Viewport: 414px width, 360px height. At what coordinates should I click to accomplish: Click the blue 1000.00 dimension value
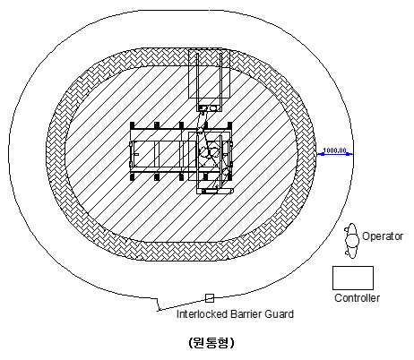[334, 150]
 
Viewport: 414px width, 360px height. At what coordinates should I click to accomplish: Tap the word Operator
[383, 236]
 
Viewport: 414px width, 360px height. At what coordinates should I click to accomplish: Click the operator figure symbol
[351, 241]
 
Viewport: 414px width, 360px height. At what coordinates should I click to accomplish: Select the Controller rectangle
[353, 278]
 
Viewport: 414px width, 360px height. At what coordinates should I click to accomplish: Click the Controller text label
[357, 298]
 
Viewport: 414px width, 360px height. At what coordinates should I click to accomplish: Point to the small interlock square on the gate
[210, 298]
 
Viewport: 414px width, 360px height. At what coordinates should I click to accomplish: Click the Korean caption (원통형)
[211, 343]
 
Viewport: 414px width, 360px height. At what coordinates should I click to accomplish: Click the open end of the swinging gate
[159, 310]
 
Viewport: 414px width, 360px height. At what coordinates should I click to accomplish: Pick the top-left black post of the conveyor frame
[133, 125]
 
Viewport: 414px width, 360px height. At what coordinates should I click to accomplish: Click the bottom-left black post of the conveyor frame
[133, 176]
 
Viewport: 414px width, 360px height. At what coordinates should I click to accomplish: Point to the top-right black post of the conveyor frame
[229, 125]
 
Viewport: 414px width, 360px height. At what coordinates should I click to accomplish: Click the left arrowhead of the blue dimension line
[321, 154]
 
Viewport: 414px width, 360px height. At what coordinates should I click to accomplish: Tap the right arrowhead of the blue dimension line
[349, 154]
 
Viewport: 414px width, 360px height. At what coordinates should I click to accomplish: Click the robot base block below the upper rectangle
[209, 107]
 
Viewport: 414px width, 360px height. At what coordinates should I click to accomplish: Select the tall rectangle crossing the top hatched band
[210, 74]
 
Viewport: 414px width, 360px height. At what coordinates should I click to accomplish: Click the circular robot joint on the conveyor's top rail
[200, 130]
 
